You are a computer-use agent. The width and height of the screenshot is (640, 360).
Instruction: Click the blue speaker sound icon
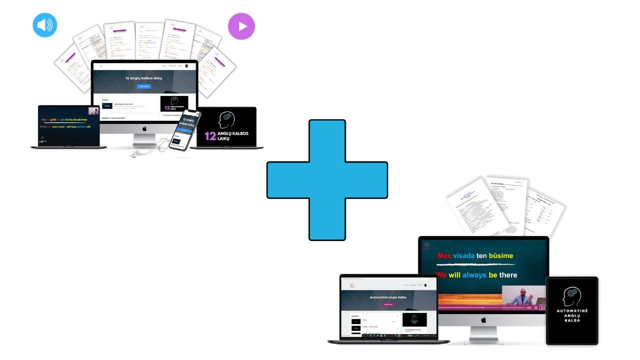point(45,25)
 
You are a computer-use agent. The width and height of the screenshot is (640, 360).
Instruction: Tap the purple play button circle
point(241,26)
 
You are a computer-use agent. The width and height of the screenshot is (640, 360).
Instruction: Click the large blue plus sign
point(327,180)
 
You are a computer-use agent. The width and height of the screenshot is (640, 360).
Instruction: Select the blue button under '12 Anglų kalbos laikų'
point(144,86)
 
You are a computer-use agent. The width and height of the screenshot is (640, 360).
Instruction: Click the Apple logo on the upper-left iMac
point(144,128)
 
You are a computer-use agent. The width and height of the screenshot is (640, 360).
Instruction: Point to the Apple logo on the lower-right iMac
point(483,319)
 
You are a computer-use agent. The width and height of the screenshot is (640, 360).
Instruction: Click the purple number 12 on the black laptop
point(210,136)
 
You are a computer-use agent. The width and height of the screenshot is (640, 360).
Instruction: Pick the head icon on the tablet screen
point(571,296)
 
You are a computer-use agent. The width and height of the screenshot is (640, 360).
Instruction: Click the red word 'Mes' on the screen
point(444,255)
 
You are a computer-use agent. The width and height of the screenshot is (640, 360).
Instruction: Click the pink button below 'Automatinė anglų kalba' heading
point(388,304)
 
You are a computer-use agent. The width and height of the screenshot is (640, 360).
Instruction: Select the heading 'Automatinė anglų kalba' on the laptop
point(388,297)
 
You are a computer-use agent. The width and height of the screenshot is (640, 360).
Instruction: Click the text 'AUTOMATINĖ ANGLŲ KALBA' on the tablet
point(572,315)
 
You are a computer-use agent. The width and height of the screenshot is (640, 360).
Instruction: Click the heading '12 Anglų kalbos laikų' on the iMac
point(144,78)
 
